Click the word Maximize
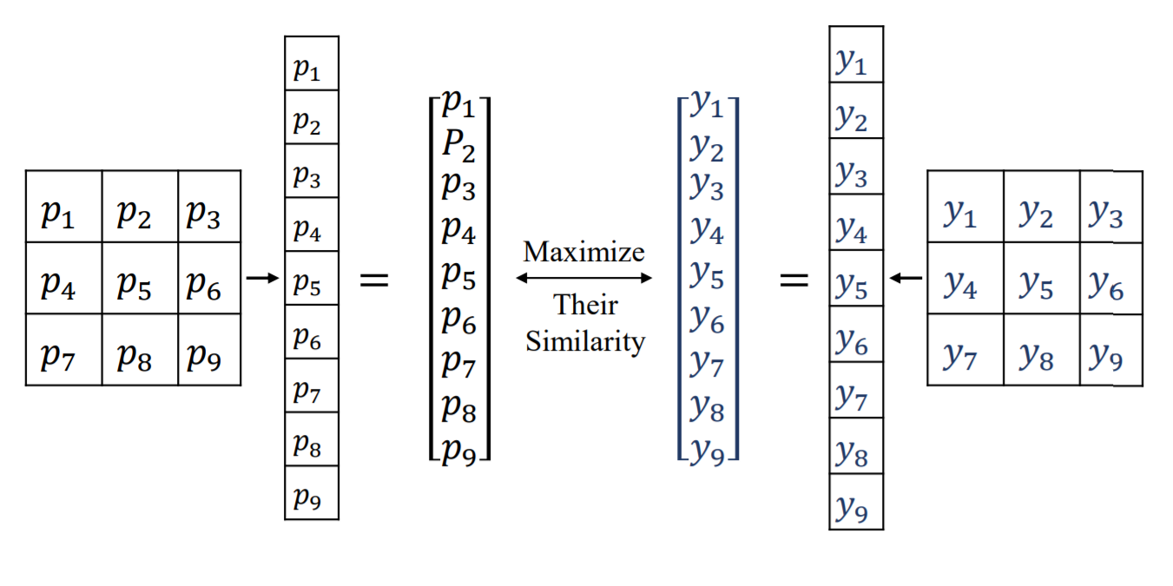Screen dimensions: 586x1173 pos(584,253)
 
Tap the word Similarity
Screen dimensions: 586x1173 pos(585,341)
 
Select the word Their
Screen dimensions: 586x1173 pos(585,306)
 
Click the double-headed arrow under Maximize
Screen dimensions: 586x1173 pos(583,278)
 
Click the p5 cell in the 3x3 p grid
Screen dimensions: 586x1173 pos(140,278)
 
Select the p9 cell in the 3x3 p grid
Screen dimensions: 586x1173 pos(209,350)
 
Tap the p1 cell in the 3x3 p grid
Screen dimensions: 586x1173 pos(63,207)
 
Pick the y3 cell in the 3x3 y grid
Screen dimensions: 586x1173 pos(1111,207)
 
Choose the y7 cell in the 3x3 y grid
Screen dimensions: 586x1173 pos(965,350)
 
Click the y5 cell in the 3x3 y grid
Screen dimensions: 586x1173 pos(1042,278)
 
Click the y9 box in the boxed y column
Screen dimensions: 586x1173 pos(856,502)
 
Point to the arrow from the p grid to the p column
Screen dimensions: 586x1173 pos(261,278)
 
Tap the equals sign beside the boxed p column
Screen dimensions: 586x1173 pos(374,280)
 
